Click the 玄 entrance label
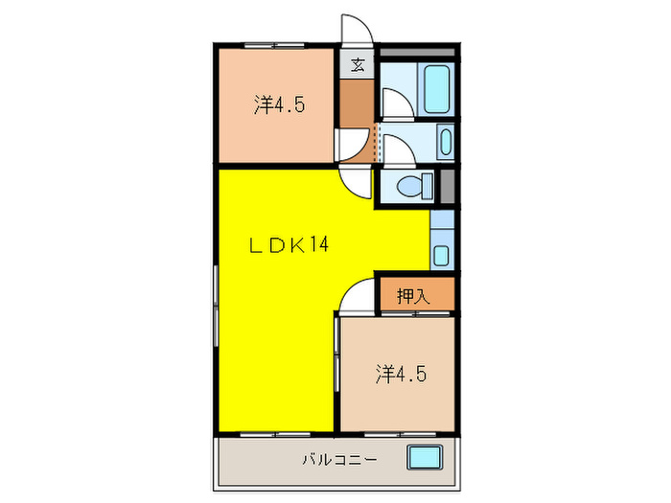[x=358, y=65]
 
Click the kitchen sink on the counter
[x=440, y=255]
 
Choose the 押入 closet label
[x=413, y=296]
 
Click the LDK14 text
[x=289, y=245]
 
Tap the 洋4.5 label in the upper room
[x=279, y=104]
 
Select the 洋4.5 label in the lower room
[x=401, y=373]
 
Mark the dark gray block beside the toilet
[x=446, y=184]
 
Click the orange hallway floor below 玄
[x=357, y=105]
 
